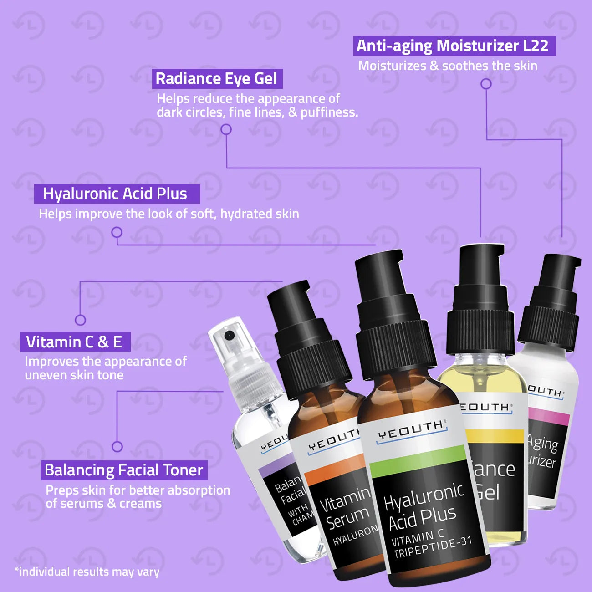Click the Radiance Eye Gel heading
pyautogui.click(x=217, y=79)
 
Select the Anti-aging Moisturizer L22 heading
pyautogui.click(x=454, y=46)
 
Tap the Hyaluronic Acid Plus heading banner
pyautogui.click(x=117, y=194)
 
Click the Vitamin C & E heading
pyautogui.click(x=75, y=342)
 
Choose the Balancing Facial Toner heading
pyautogui.click(x=124, y=470)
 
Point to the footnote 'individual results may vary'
pyautogui.click(x=87, y=572)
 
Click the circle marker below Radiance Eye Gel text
pyautogui.click(x=226, y=130)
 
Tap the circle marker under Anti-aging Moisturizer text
pyautogui.click(x=486, y=84)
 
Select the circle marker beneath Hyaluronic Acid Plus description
pyautogui.click(x=117, y=233)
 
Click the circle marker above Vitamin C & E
pyautogui.click(x=80, y=320)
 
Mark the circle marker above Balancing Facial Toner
pyautogui.click(x=117, y=446)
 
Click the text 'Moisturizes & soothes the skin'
pyautogui.click(x=448, y=66)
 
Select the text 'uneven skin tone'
pyautogui.click(x=74, y=375)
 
